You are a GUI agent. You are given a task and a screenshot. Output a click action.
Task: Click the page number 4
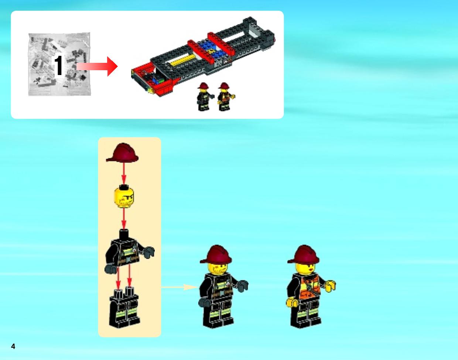pyautogui.click(x=13, y=346)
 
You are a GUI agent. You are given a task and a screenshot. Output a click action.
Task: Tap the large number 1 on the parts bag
pyautogui.click(x=58, y=65)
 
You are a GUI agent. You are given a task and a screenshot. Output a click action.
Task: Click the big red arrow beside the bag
pyautogui.click(x=97, y=67)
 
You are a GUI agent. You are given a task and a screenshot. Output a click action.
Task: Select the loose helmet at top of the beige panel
pyautogui.click(x=122, y=153)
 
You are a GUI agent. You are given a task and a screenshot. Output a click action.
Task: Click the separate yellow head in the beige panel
pyautogui.click(x=124, y=197)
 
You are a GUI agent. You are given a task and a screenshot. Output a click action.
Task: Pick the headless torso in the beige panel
pyautogui.click(x=129, y=251)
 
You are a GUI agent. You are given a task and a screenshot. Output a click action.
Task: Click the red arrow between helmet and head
pyautogui.click(x=124, y=173)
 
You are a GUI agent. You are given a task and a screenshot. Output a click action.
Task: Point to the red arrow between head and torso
pyautogui.click(x=124, y=219)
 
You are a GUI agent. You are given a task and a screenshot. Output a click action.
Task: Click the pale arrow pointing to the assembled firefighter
pyautogui.click(x=180, y=287)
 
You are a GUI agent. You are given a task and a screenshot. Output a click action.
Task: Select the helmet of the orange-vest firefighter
pyautogui.click(x=303, y=254)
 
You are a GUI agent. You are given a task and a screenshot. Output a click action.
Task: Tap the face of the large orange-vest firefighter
pyautogui.click(x=305, y=269)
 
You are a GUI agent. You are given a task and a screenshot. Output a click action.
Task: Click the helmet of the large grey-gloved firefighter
pyautogui.click(x=216, y=254)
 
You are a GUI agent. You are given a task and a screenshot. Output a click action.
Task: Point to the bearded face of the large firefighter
pyautogui.click(x=218, y=269)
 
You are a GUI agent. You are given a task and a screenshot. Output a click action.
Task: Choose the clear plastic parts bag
pyautogui.click(x=59, y=64)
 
